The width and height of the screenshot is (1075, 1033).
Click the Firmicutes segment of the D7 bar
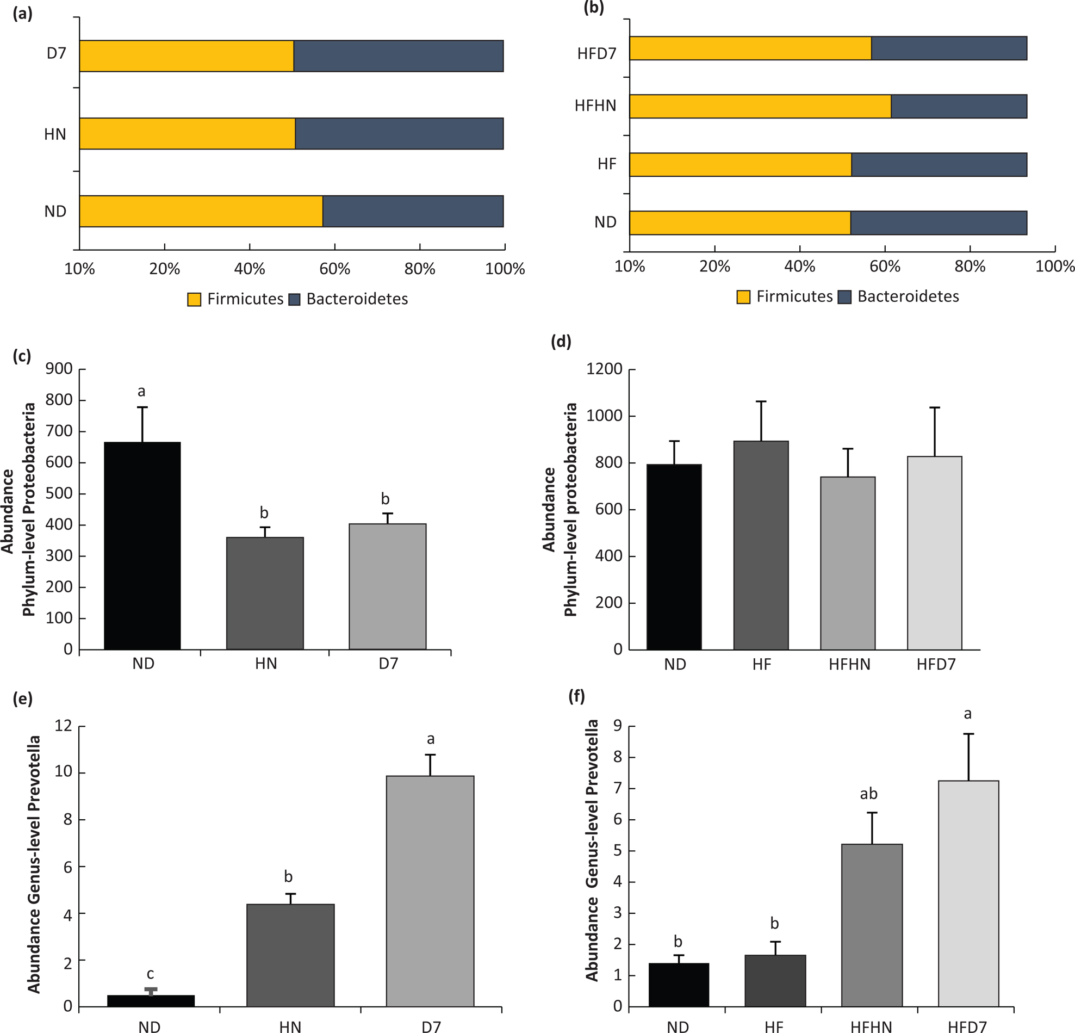(187, 56)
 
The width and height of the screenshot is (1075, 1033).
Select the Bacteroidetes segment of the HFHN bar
(959, 107)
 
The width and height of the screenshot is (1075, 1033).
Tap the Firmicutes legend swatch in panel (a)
(194, 300)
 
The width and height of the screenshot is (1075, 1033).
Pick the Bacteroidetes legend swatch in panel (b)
(844, 297)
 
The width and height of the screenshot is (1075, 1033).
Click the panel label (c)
(22, 356)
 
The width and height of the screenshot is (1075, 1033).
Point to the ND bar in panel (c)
(142, 546)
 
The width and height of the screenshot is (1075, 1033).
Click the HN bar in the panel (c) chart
(265, 593)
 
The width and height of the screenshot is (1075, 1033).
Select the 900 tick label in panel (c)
(59, 369)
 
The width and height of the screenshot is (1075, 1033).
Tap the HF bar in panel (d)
(761, 545)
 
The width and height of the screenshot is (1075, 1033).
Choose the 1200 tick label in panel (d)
(605, 369)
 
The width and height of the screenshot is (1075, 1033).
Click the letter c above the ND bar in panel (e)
(150, 974)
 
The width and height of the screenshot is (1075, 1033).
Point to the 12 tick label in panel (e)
(64, 726)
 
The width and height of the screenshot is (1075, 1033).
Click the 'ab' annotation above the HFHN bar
(869, 794)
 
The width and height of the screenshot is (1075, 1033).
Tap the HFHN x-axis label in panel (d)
(849, 664)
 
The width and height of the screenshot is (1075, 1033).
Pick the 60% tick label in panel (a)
(334, 269)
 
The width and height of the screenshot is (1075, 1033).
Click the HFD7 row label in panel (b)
(596, 54)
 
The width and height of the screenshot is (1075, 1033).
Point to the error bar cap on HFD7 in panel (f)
(968, 734)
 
